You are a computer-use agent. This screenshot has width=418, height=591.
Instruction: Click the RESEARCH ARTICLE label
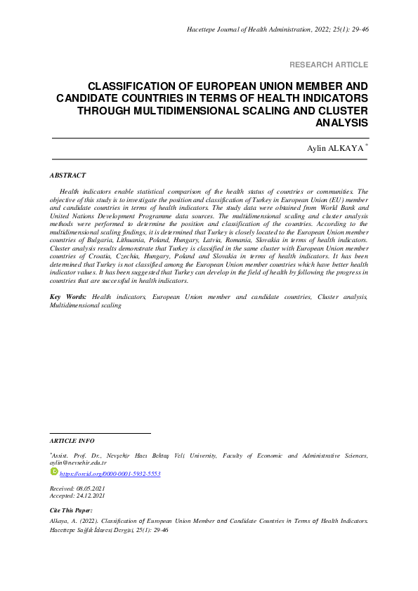329,65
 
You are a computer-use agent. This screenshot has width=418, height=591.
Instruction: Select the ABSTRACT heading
67,175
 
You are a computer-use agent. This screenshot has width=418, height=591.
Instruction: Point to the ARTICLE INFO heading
72,441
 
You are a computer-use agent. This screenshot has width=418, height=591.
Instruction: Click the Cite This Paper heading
71,510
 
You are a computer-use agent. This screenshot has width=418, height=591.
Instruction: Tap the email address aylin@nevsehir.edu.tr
77,463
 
